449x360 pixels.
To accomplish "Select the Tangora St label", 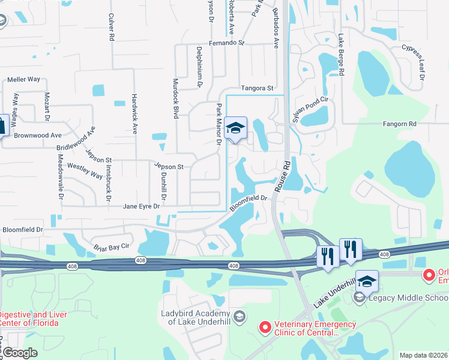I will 257,88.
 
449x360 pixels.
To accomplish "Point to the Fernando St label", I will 227,43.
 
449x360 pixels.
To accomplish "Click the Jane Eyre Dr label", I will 142,206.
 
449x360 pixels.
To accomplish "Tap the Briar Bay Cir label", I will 112,247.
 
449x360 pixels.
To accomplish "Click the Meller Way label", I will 23,79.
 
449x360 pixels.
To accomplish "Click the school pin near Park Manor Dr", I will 236,128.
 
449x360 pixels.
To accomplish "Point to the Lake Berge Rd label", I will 341,54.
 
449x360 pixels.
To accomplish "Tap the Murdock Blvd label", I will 176,98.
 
